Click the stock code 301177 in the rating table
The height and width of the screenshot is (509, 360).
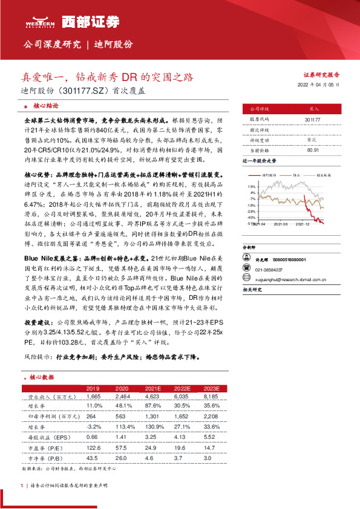point(313,120)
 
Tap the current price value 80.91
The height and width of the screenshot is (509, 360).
point(313,149)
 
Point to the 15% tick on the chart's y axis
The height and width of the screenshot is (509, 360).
point(250,187)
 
